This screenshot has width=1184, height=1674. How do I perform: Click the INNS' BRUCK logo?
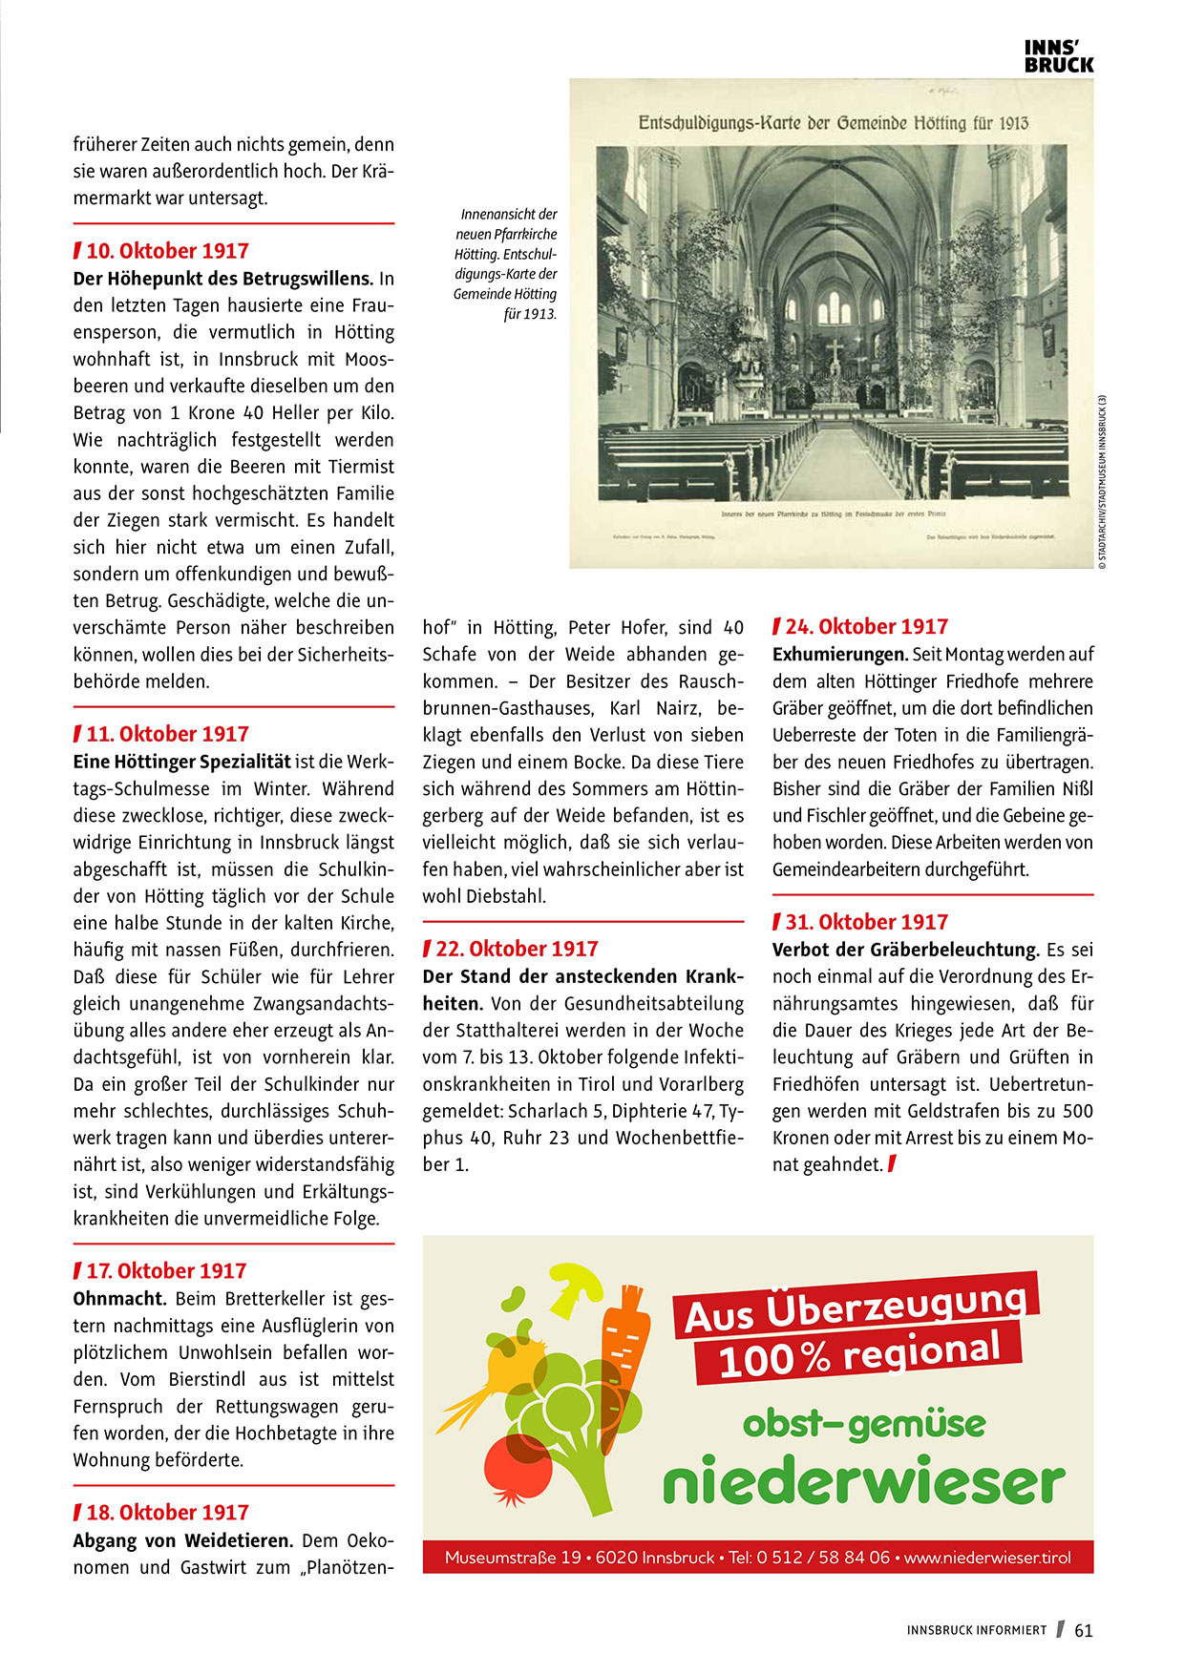(x=1058, y=56)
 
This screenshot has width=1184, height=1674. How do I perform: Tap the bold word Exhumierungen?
(x=839, y=655)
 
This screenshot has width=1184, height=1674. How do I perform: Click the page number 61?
(x=1084, y=1631)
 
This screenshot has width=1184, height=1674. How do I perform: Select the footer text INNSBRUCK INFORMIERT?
(x=976, y=1631)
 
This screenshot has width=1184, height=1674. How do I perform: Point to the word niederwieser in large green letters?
(x=863, y=1482)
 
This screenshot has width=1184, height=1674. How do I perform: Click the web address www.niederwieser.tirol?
(x=987, y=1558)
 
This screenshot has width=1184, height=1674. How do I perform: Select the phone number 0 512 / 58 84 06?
(x=822, y=1558)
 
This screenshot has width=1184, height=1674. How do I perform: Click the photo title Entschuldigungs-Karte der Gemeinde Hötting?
(x=832, y=123)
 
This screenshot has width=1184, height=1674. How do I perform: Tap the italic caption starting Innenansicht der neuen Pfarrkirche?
(x=506, y=263)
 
